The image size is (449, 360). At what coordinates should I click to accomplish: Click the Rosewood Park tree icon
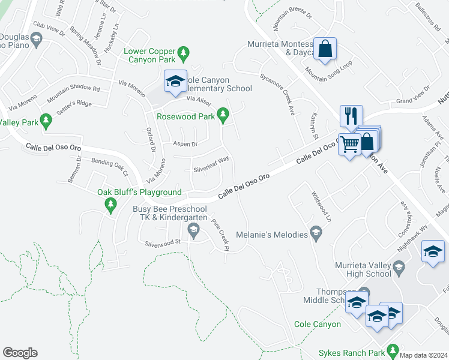(x=223, y=114)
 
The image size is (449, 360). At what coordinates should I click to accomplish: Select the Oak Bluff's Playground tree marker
(x=110, y=205)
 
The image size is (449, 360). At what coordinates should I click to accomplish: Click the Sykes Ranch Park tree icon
(x=394, y=349)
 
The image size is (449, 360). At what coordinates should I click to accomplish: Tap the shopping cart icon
(x=349, y=143)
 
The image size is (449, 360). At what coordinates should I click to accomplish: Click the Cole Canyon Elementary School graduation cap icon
(x=175, y=81)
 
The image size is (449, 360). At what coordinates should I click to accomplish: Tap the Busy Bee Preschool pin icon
(x=193, y=229)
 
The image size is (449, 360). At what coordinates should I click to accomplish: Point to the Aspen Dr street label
(x=185, y=144)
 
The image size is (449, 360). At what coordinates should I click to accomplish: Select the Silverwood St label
(x=163, y=242)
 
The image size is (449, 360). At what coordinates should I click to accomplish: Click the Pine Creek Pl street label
(x=220, y=232)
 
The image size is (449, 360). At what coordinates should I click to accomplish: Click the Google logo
(x=20, y=353)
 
